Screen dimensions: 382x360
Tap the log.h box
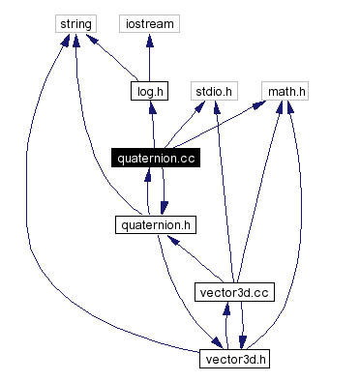pos(149,91)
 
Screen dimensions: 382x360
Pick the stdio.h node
pos(214,91)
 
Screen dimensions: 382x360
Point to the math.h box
pos(286,91)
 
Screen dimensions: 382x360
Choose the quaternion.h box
pos(156,225)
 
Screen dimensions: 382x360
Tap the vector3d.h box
pos(233,359)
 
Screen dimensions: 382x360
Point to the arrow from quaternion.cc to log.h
pos(152,124)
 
